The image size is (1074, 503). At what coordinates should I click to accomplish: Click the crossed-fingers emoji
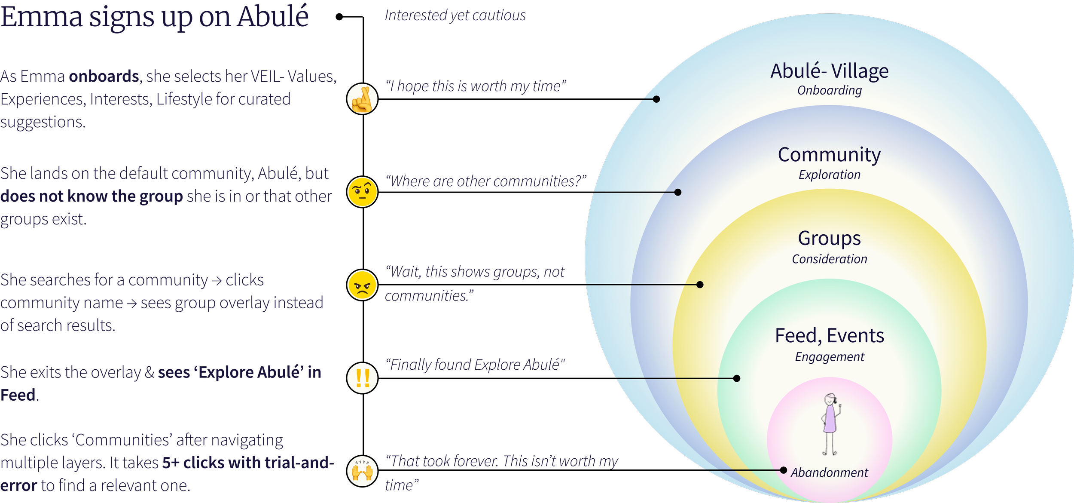click(362, 99)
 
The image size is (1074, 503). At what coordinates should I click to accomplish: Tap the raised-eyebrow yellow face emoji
click(362, 192)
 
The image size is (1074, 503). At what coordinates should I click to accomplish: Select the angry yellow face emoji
click(362, 285)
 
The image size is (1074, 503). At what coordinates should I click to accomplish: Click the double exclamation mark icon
click(362, 378)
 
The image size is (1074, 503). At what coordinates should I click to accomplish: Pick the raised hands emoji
click(362, 471)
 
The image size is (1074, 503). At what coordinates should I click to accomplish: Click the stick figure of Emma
click(830, 424)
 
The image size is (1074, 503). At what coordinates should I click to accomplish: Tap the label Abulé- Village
click(829, 71)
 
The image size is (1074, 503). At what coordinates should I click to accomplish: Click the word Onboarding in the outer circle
click(829, 90)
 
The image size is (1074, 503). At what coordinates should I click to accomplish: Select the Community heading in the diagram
click(829, 155)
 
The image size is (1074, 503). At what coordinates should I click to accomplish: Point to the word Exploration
click(829, 175)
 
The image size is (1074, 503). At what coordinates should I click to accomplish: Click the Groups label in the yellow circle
click(829, 238)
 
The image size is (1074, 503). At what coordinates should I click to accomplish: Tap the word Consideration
click(829, 259)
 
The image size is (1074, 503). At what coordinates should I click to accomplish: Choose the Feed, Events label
click(829, 335)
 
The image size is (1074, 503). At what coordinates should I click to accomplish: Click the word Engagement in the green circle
click(829, 357)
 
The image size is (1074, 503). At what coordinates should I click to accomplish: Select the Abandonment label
click(829, 472)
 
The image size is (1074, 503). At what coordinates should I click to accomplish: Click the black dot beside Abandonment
click(784, 470)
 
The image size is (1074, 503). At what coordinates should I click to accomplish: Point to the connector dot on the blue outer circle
click(656, 99)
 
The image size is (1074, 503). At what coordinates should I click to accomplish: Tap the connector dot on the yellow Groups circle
click(700, 285)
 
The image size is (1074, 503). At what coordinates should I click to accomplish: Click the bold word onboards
click(104, 77)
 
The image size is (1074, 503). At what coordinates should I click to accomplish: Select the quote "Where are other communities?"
click(485, 181)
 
